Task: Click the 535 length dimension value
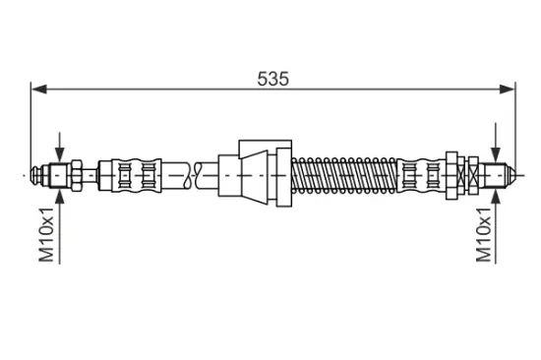coord(272,79)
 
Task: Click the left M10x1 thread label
coord(46,235)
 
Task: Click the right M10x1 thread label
coord(483,235)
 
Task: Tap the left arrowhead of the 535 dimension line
coord(39,90)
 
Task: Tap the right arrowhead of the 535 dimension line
coord(507,90)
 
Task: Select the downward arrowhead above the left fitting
coord(60,154)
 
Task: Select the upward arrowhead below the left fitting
coord(60,196)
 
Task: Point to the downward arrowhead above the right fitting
coord(496,154)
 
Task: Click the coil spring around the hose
coord(344,175)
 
